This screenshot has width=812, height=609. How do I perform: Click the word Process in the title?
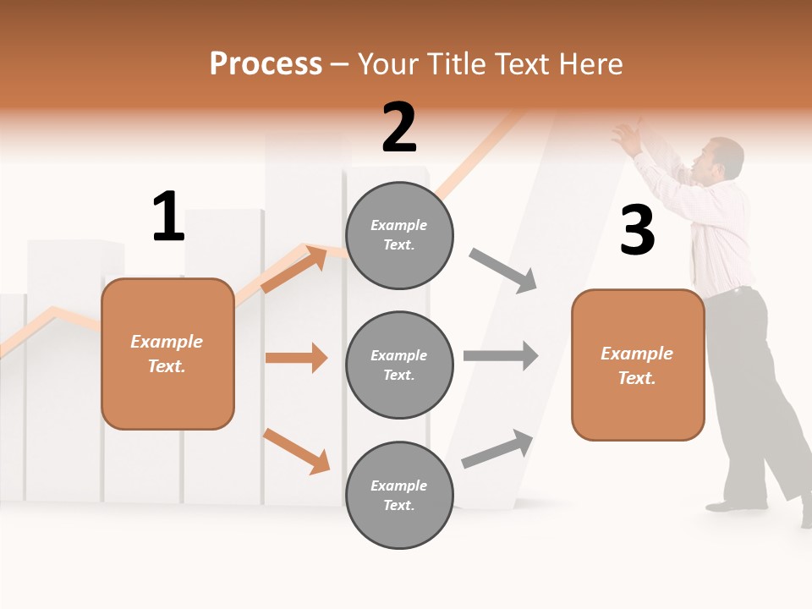pyautogui.click(x=266, y=63)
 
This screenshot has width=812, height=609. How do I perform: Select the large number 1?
pyautogui.click(x=168, y=217)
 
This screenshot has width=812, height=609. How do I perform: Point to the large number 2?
pyautogui.click(x=399, y=129)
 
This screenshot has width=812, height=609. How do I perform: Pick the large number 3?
pyautogui.click(x=637, y=231)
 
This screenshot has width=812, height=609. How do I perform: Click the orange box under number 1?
pyautogui.click(x=167, y=354)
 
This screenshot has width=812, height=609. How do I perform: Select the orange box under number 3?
pyautogui.click(x=637, y=365)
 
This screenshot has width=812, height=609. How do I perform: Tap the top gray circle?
pyautogui.click(x=399, y=235)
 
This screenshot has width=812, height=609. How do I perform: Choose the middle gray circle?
pyautogui.click(x=399, y=365)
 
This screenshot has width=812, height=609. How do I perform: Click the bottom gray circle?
pyautogui.click(x=399, y=495)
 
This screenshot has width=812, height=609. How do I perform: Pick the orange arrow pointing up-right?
pyautogui.click(x=294, y=268)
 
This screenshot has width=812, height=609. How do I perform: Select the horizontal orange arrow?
pyautogui.click(x=296, y=358)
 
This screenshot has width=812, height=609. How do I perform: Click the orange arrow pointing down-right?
pyautogui.click(x=296, y=451)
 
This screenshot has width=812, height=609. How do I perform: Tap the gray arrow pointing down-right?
pyautogui.click(x=503, y=271)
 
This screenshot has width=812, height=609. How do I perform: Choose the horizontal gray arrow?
pyautogui.click(x=501, y=355)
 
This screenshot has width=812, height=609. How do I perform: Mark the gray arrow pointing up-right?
pyautogui.click(x=498, y=448)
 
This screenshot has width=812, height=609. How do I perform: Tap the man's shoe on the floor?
pyautogui.click(x=729, y=505)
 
